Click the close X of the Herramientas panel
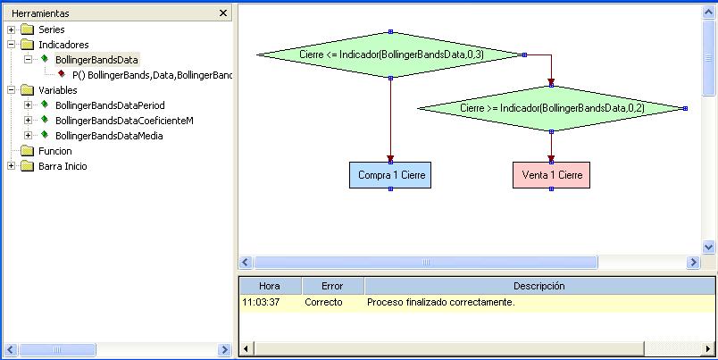pyautogui.click(x=223, y=13)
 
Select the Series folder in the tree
pyautogui.click(x=52, y=29)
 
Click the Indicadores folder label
pyautogui.click(x=63, y=45)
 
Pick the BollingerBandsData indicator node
pyautogui.click(x=96, y=60)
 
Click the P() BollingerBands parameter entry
pyautogui.click(x=151, y=75)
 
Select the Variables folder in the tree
pyautogui.click(x=58, y=90)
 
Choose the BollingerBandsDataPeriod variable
pyautogui.click(x=110, y=105)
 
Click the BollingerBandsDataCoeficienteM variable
pyautogui.click(x=124, y=121)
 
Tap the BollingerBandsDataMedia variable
pyautogui.click(x=109, y=136)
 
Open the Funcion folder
pyautogui.click(x=55, y=151)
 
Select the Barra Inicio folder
pyautogui.click(x=63, y=166)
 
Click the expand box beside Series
pyautogui.click(x=11, y=29)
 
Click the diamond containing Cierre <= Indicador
pyautogui.click(x=391, y=54)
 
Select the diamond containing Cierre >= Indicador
pyautogui.click(x=552, y=108)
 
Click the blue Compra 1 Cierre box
pyautogui.click(x=391, y=175)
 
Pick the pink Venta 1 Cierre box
pyautogui.click(x=552, y=175)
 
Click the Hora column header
pyautogui.click(x=269, y=286)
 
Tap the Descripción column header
pyautogui.click(x=538, y=286)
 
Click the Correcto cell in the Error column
pyautogui.click(x=323, y=302)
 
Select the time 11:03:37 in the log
pyautogui.click(x=262, y=302)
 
